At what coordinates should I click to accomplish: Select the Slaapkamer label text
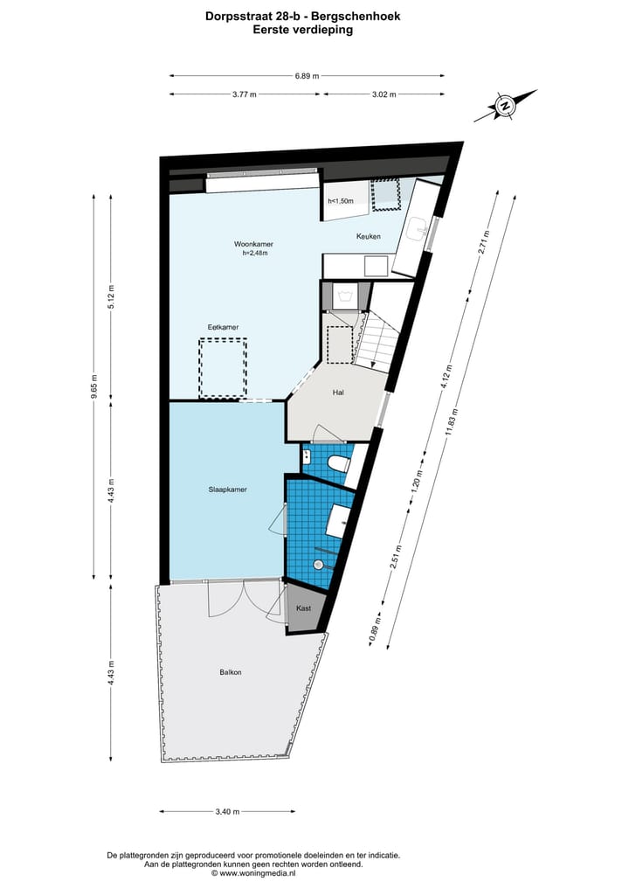coord(227,490)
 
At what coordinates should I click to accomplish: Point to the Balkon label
coord(231,671)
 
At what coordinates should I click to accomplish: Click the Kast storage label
coord(303,608)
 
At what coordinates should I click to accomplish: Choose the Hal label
coord(337,392)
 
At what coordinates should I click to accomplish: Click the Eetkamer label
coord(223,327)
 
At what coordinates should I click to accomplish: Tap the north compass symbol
coord(504,108)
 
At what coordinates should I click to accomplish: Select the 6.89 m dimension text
coord(308,76)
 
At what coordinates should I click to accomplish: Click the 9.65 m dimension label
coord(93,385)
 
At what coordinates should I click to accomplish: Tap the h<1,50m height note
coord(341,201)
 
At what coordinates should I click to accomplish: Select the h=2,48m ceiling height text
coord(255,254)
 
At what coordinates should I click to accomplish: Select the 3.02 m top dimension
coord(384,94)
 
